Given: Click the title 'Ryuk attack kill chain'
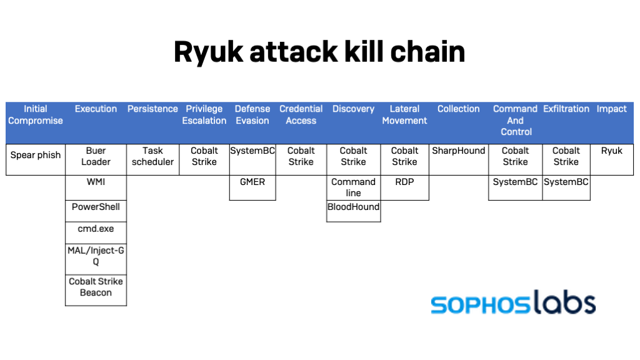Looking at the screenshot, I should coord(319,52).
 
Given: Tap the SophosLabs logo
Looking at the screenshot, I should coord(512,304).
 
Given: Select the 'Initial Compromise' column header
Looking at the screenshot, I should coord(36,115).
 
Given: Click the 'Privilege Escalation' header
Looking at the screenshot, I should coord(204,115).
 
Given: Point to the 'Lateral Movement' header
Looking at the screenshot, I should coord(404,115).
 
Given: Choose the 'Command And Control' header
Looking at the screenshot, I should coord(515,120).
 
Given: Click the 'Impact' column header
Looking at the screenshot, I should coord(611,109).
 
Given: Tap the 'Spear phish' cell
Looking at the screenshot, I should coord(36,156).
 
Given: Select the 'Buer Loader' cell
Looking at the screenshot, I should coord(96,156).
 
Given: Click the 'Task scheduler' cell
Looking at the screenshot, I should coord(152,156).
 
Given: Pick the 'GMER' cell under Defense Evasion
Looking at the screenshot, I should coord(252,182).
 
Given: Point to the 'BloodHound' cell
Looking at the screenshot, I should coord(353,207).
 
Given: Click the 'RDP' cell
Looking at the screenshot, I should coord(404,182).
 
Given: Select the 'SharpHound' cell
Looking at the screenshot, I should coord(458,151).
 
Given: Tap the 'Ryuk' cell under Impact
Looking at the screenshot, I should coord(611,151).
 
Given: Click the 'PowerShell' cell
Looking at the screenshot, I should coord(96,207).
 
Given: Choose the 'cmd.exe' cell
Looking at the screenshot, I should coord(96,229).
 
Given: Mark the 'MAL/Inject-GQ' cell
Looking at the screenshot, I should coord(96,256).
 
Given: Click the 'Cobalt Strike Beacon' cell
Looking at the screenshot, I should coord(96,287).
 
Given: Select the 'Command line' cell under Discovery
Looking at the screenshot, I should coord(353,187).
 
